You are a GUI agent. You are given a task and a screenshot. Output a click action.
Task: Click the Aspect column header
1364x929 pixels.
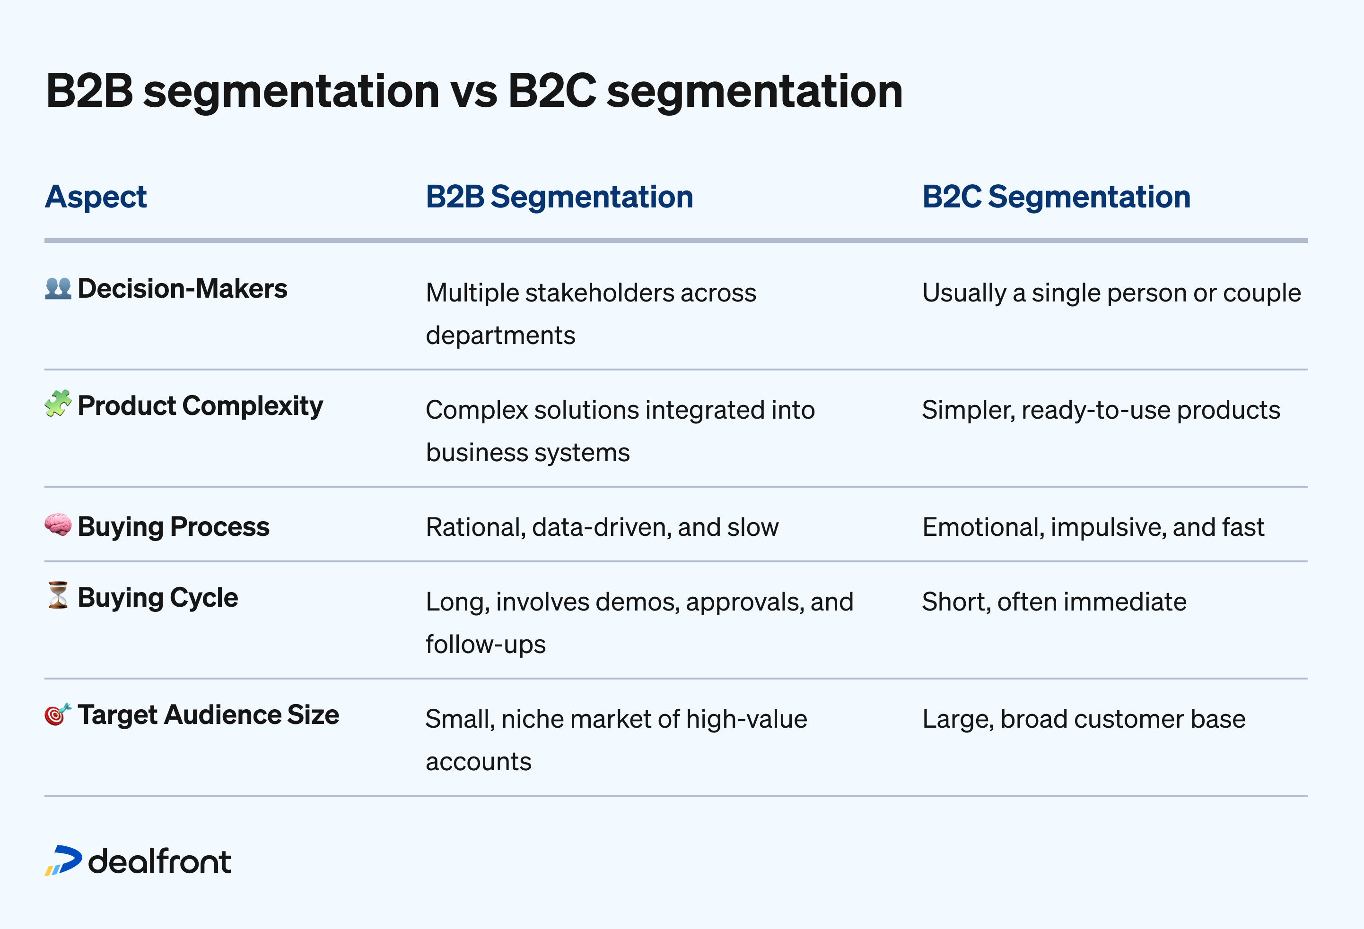pos(96,197)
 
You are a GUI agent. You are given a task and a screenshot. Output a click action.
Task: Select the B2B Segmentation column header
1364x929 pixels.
pos(559,197)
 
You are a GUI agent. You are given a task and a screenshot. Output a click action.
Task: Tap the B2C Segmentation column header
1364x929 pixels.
pos(1056,197)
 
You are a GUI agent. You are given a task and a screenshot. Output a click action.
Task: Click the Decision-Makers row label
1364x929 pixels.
pos(182,289)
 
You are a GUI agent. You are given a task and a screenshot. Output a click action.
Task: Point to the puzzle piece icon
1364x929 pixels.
pos(58,404)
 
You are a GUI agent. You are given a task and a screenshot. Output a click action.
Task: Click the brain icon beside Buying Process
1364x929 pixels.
pos(58,525)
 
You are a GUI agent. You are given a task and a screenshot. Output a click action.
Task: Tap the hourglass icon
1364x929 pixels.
pos(58,596)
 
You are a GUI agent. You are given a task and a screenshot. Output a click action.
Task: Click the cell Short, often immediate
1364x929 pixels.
pos(1054,602)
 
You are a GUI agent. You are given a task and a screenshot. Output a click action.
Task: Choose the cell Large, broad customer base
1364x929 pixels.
pos(1084,719)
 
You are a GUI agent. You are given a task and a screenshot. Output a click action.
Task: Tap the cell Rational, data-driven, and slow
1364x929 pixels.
pos(602,527)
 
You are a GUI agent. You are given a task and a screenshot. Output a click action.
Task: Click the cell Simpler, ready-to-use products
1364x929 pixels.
pos(1101,410)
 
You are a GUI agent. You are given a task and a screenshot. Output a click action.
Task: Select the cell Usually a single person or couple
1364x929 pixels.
pos(1111,292)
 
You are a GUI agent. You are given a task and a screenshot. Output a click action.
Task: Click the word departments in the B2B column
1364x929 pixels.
pos(500,335)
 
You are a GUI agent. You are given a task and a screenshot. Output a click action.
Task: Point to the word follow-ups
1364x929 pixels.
pos(485,645)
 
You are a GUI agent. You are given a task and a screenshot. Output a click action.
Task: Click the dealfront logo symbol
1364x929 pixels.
pos(63,861)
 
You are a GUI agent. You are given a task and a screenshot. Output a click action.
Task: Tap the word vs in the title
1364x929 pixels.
pos(473,92)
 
